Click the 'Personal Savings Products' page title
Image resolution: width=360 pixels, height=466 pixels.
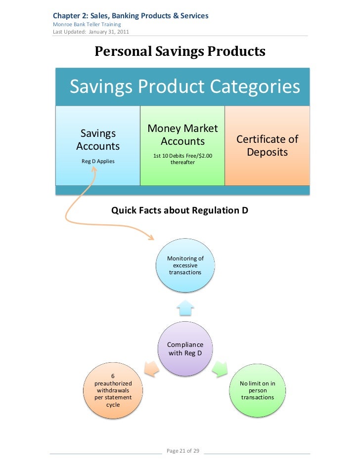(180, 51)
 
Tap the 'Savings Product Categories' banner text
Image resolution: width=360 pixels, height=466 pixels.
(185, 87)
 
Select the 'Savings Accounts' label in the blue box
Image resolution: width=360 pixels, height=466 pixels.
(98, 139)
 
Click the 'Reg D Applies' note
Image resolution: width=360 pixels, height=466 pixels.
(98, 161)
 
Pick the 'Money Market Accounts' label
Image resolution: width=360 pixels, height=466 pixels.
(182, 135)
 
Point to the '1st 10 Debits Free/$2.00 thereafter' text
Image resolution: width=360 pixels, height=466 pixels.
(182, 159)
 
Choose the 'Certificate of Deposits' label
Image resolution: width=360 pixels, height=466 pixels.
(267, 146)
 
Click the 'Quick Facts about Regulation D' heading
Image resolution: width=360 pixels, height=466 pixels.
(180, 211)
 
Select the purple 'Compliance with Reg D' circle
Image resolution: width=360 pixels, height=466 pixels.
(185, 348)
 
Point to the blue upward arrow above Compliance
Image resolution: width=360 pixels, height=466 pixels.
(185, 307)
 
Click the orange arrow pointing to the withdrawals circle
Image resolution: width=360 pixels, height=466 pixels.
(151, 368)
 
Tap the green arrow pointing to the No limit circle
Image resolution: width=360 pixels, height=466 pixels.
(220, 368)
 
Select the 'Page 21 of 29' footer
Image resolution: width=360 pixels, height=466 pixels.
(183, 451)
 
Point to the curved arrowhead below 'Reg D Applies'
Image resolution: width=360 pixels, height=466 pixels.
(94, 170)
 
